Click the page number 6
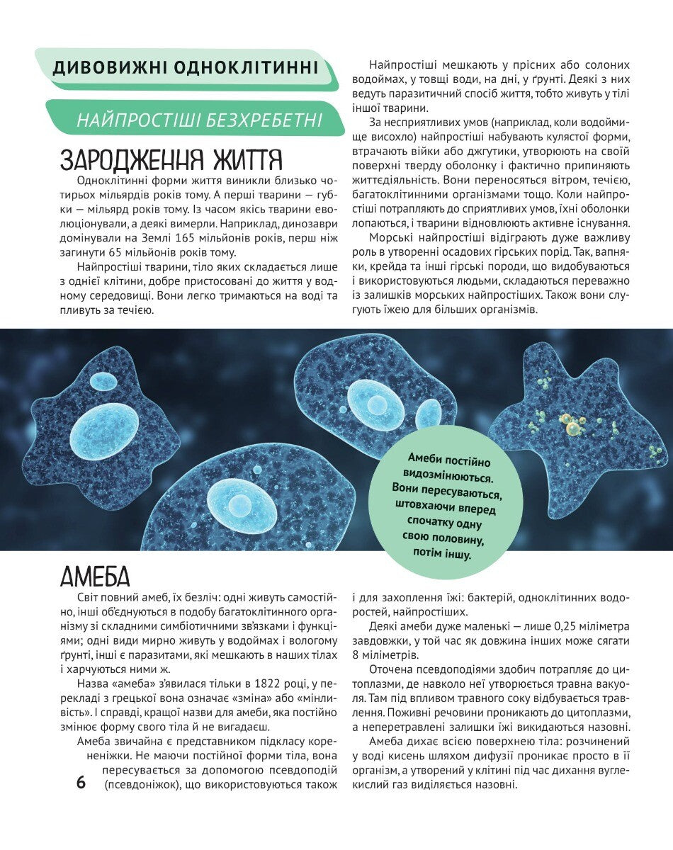point(81,783)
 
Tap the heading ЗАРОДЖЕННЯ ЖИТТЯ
point(171,158)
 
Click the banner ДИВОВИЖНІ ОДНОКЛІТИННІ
point(186,68)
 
